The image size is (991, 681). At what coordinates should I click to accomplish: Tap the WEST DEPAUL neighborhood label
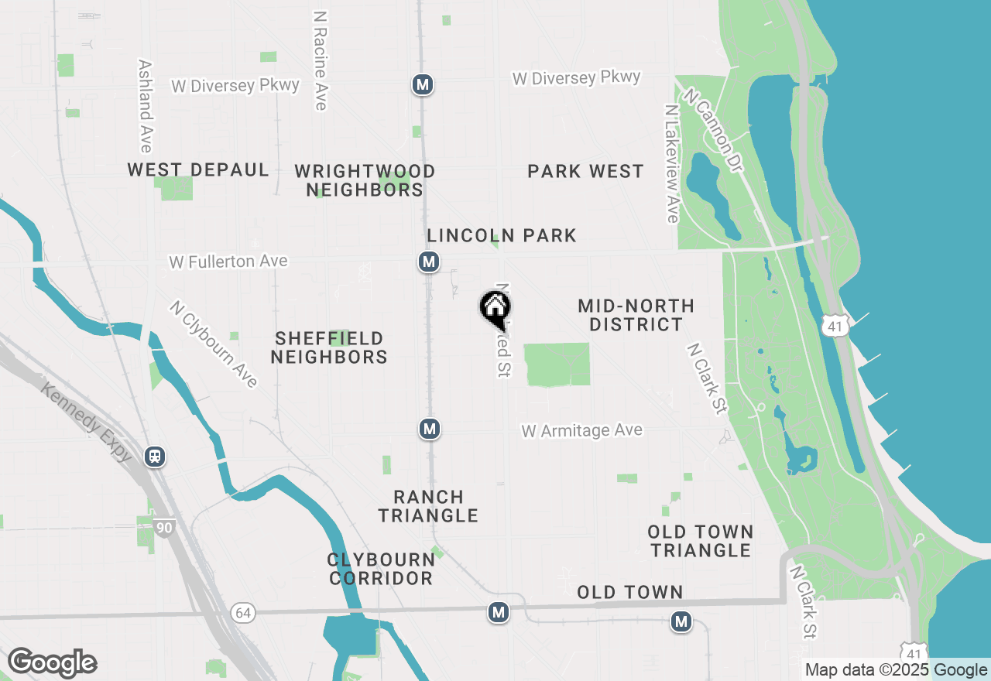click(x=198, y=169)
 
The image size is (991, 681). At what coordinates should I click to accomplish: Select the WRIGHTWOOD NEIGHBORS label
click(x=365, y=180)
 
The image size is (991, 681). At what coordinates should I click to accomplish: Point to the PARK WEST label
click(x=585, y=171)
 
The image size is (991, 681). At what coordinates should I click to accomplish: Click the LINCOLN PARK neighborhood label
click(x=502, y=235)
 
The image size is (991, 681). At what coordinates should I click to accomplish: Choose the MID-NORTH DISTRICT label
click(x=636, y=315)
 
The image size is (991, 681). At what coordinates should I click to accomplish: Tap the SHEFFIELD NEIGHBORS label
click(x=329, y=347)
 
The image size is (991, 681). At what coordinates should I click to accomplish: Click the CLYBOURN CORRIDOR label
click(x=380, y=569)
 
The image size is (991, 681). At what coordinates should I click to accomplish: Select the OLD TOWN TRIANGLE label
click(x=701, y=541)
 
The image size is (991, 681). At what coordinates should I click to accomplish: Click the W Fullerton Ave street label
click(x=228, y=262)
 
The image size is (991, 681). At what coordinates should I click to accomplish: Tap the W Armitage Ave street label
click(x=581, y=430)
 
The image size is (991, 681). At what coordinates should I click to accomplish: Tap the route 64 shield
click(x=243, y=613)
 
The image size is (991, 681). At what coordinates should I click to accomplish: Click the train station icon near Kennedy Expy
click(x=155, y=456)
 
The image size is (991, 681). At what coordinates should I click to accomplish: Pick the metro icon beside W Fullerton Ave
click(x=429, y=262)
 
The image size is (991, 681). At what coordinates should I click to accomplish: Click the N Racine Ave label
click(x=321, y=60)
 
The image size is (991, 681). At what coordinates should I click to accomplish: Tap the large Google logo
click(x=52, y=662)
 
